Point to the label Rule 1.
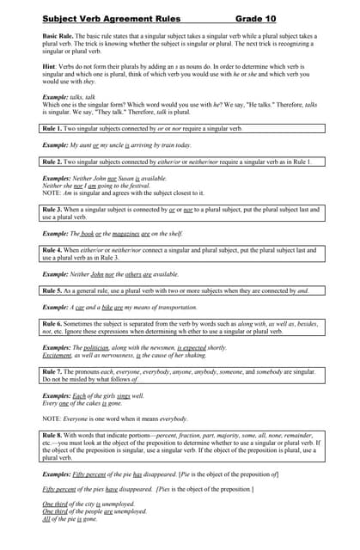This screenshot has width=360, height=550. (x=53, y=128)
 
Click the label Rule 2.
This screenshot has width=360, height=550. (x=53, y=161)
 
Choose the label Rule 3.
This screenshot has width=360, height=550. (x=53, y=210)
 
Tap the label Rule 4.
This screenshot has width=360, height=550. (x=53, y=250)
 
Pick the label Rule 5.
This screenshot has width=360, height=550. (x=53, y=290)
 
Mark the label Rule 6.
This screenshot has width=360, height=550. (x=53, y=323)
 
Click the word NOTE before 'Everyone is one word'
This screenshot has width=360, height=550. (x=52, y=419)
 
